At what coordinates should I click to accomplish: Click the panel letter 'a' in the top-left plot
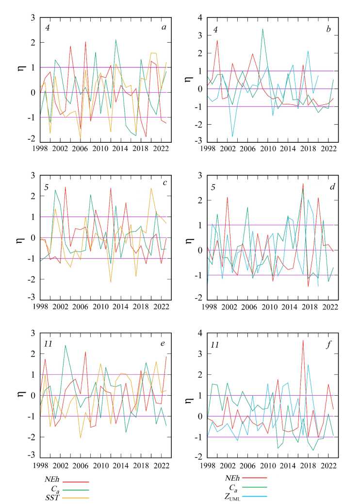(164, 28)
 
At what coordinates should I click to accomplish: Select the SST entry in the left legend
(50, 497)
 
